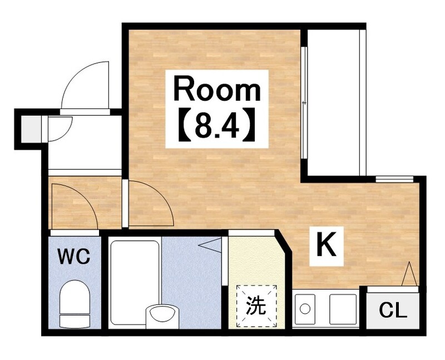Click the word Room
click(217, 88)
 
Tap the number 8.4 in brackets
click(217, 125)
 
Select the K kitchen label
click(327, 244)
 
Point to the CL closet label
click(393, 310)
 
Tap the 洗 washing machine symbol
click(257, 306)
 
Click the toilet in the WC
click(75, 304)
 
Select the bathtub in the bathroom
click(134, 283)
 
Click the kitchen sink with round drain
click(305, 309)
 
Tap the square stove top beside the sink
click(343, 309)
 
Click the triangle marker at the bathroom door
click(210, 245)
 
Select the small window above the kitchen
click(394, 179)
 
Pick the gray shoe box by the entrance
click(31, 129)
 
